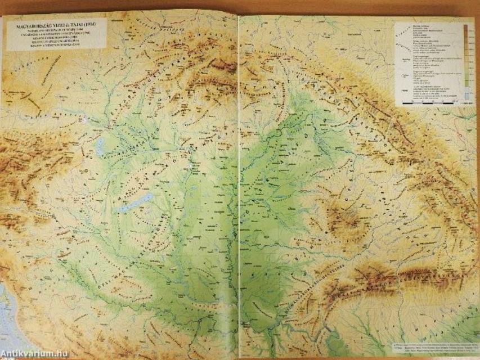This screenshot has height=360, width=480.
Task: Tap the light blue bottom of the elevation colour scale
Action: [x=466, y=96]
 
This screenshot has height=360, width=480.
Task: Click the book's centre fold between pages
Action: [x=239, y=186]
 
